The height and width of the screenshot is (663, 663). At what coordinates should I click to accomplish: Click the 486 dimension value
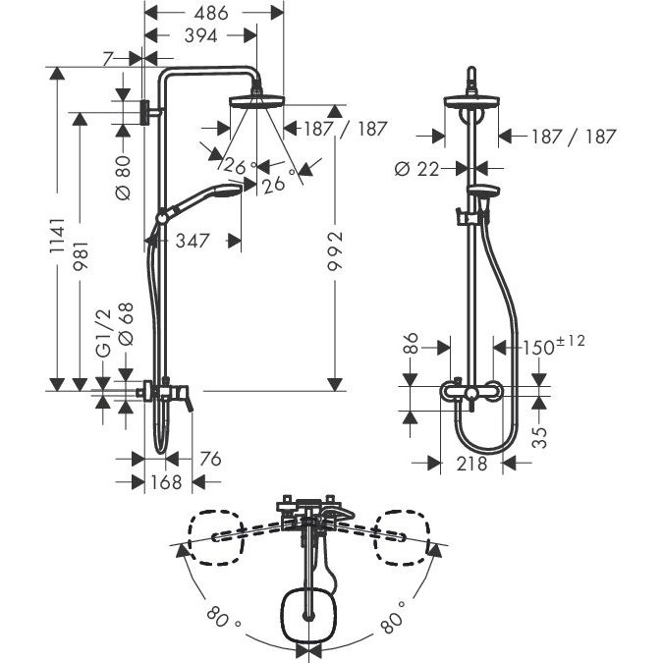coord(211,13)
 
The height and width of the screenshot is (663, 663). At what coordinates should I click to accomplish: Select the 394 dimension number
coord(200,36)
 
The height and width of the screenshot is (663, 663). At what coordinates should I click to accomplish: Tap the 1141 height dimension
coord(58,236)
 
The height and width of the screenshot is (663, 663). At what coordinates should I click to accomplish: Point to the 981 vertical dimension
coord(81,255)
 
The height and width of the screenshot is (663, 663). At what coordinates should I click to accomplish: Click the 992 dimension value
coord(335,251)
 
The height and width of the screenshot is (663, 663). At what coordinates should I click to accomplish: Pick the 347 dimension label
coord(193,241)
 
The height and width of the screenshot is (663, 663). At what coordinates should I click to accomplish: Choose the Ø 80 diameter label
coord(124,178)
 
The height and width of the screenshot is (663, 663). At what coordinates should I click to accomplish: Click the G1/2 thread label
coord(104,333)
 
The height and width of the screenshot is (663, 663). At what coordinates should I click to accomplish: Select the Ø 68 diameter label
coord(126,324)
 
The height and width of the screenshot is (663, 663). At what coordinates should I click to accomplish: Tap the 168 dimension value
coord(166,482)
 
